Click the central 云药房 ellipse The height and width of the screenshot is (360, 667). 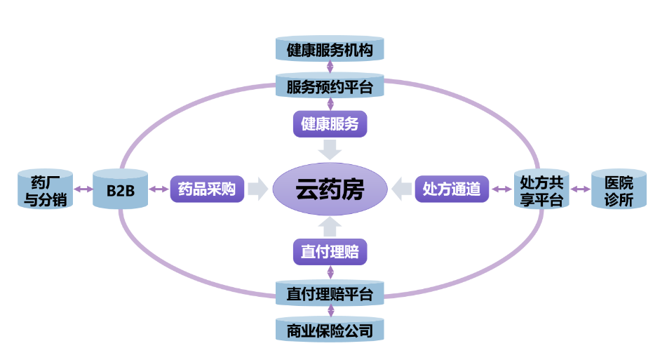[x=330, y=189]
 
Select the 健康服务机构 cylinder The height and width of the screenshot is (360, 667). [x=330, y=51]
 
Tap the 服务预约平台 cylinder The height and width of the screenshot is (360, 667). [x=330, y=86]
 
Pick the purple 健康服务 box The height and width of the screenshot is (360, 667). [x=330, y=124]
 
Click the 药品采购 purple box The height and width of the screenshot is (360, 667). [x=207, y=189]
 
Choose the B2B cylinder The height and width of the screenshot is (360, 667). [x=120, y=189]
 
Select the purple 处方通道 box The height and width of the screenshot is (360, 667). [x=452, y=189]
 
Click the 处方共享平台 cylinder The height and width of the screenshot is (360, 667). [x=541, y=189]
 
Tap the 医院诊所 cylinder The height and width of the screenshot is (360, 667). [x=618, y=189]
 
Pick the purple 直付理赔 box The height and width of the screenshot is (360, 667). [x=330, y=251]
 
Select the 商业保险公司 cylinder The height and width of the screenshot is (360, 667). [x=330, y=331]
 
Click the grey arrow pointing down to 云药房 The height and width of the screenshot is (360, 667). [x=330, y=149]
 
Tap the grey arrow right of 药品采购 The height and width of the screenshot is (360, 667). [x=258, y=189]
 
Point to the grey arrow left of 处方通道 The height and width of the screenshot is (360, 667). [x=403, y=189]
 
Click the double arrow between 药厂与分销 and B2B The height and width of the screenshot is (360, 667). [x=83, y=189]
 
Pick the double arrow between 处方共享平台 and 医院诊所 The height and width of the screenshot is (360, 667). [x=580, y=189]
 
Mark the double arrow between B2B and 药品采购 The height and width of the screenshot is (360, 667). [x=159, y=189]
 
